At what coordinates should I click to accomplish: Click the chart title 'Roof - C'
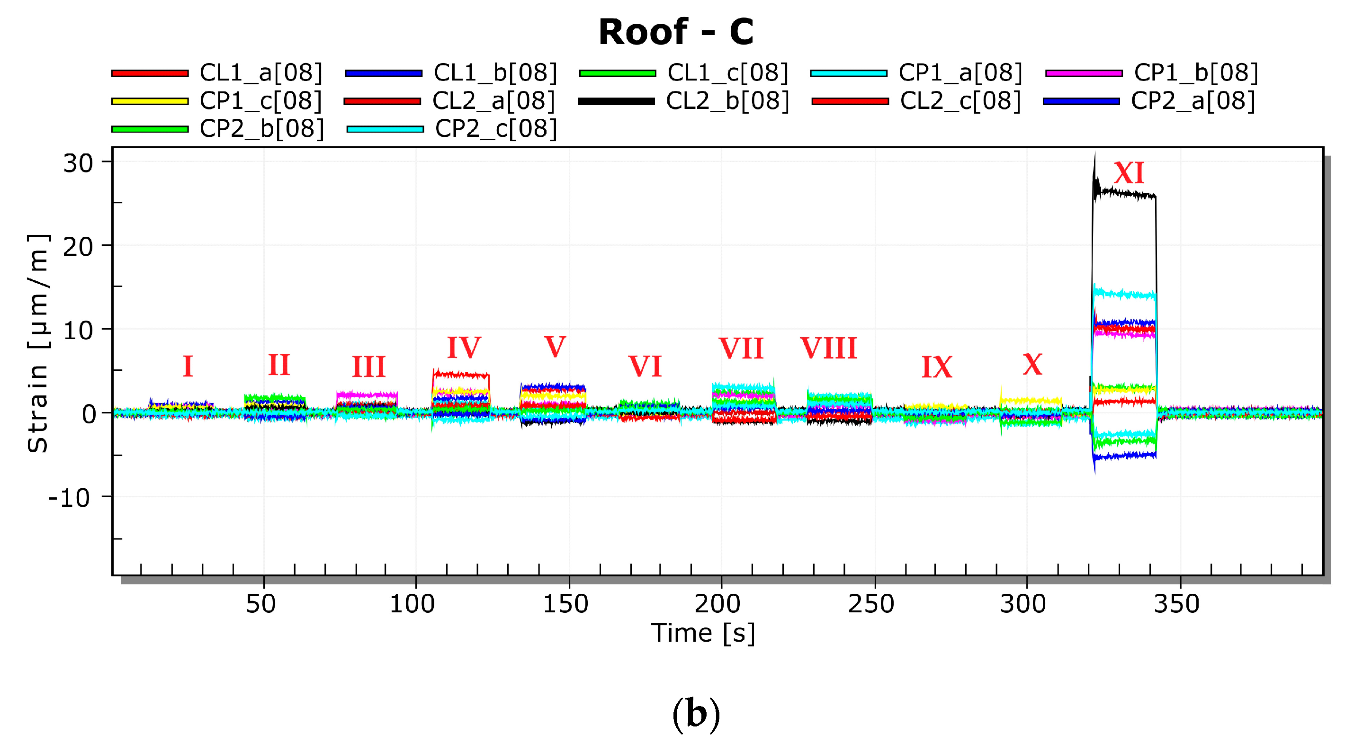point(676,32)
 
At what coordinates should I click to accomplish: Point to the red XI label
point(1129,173)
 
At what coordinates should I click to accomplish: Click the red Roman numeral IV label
point(464,347)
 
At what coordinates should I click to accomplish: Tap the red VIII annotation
point(828,348)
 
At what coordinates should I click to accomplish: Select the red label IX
point(937,367)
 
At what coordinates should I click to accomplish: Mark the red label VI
point(645,366)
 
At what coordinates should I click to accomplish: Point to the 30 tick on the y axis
point(78,163)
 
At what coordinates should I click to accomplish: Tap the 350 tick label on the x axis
point(1176,604)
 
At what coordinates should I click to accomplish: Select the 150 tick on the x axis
point(565,604)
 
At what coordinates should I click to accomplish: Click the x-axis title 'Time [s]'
point(703,633)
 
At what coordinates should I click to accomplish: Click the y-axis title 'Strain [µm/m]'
point(38,343)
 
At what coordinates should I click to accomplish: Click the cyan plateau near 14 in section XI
point(1125,295)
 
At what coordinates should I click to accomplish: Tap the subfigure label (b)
point(696,715)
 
